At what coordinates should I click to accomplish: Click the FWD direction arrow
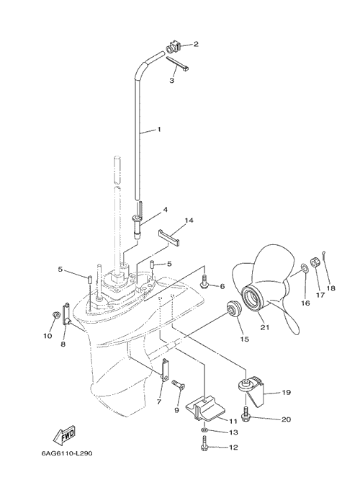point(64,437)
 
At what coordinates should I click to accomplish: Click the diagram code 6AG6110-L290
point(67,453)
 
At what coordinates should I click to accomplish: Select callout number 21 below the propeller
point(264,327)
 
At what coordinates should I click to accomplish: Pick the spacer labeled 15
point(235,308)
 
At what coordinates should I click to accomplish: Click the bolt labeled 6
point(204,282)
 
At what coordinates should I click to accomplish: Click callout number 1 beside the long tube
point(159,129)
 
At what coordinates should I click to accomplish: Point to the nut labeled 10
point(56,316)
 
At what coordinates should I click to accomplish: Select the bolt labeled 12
point(204,443)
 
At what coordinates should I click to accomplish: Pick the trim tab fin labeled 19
point(251,390)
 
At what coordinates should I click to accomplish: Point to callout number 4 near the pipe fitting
point(166,210)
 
